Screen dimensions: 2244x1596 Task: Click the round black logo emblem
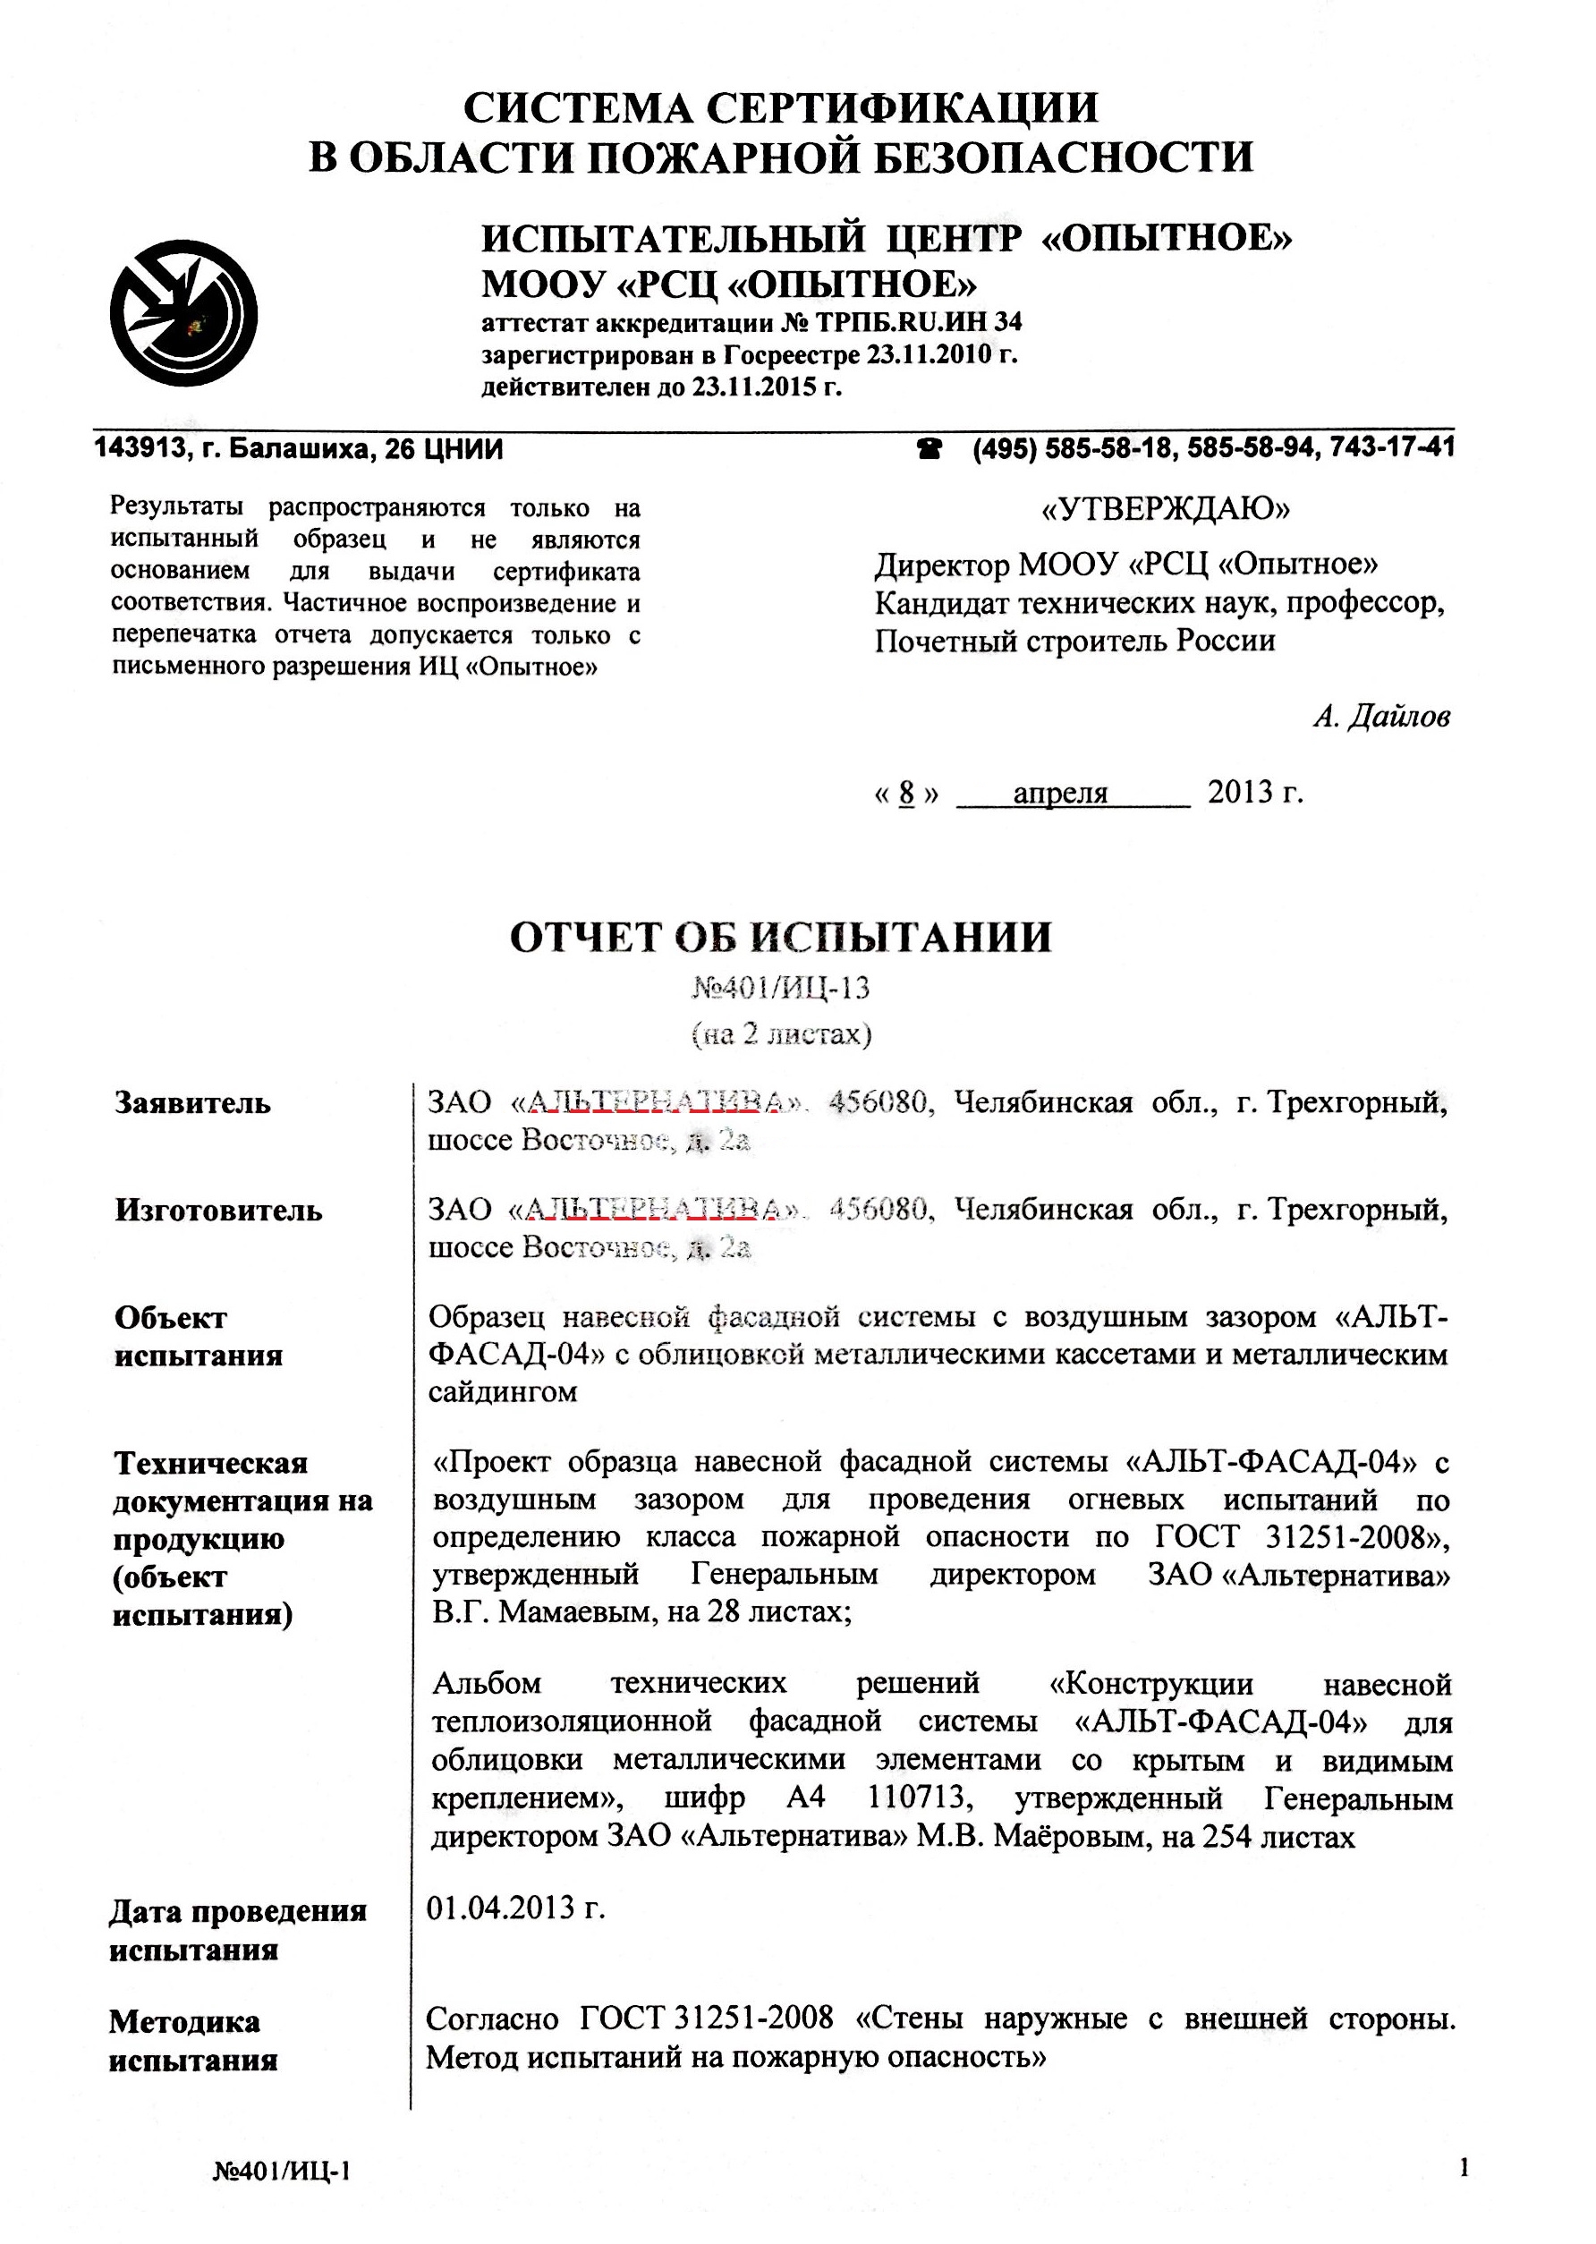click(x=183, y=312)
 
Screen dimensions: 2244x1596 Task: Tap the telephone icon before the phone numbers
click(x=929, y=449)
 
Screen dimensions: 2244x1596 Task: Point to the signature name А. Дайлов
click(x=1380, y=717)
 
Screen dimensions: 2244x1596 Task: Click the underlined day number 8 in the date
click(x=906, y=792)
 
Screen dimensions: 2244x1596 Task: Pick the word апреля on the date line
click(x=1060, y=792)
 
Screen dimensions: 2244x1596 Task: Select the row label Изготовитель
click(x=218, y=1209)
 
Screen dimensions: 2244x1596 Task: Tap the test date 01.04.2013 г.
click(x=515, y=1908)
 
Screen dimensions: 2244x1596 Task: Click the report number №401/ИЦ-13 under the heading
click(x=781, y=987)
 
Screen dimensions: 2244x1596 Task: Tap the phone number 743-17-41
click(x=1392, y=448)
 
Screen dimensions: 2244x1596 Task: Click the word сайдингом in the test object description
click(x=502, y=1392)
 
